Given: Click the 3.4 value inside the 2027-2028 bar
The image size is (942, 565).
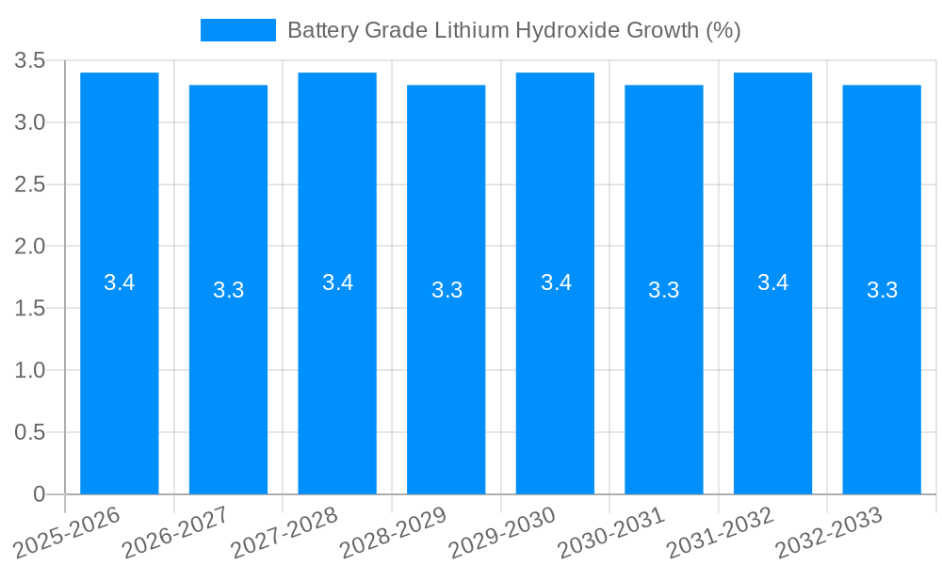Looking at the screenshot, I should [337, 282].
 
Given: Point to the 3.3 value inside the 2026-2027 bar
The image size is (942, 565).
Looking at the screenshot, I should [229, 290].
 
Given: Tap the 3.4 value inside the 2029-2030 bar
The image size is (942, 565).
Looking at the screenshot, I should [556, 282].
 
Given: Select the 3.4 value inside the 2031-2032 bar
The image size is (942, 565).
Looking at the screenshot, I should [773, 282].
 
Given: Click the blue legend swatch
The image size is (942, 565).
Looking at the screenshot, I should [238, 30].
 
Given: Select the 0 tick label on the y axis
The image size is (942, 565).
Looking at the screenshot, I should [39, 494].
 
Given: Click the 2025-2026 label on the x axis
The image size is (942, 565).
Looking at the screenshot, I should [70, 533].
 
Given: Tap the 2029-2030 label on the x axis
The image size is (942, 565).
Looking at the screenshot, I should [505, 533].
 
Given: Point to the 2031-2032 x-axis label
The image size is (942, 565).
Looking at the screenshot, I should [723, 533].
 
